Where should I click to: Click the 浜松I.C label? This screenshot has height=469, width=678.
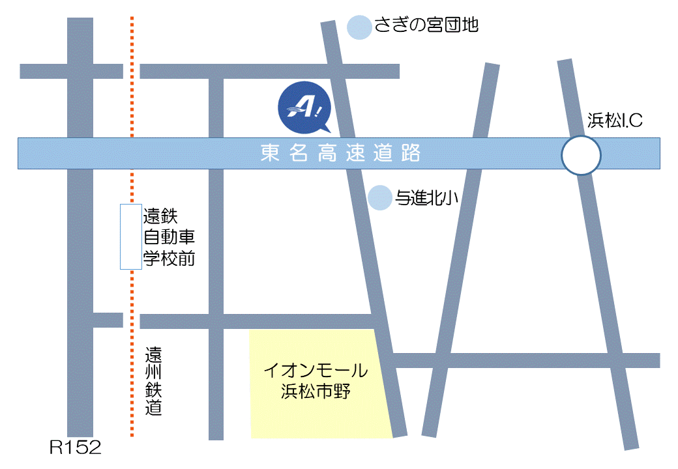click(x=615, y=121)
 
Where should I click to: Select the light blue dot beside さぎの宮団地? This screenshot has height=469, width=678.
click(x=359, y=27)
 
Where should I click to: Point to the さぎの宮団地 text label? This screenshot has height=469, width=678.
click(x=426, y=25)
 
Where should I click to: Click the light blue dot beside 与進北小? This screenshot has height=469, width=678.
click(x=379, y=198)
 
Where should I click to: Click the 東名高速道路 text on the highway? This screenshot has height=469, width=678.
click(x=340, y=154)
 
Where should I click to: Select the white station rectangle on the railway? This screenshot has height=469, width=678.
click(x=131, y=236)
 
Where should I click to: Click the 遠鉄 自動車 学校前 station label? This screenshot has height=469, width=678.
click(x=169, y=236)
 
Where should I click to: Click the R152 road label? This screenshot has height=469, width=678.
click(x=76, y=448)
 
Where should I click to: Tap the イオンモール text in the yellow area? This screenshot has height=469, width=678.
click(x=316, y=371)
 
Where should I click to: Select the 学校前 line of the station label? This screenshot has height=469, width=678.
click(x=169, y=258)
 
